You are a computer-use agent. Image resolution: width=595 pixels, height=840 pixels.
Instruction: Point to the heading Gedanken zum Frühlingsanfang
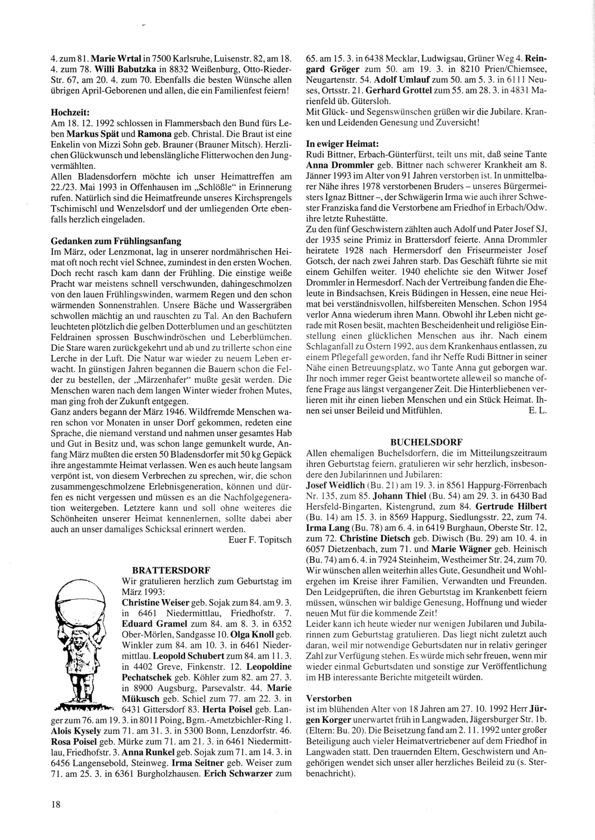coord(116,241)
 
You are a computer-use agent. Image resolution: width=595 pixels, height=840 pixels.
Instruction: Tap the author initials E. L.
coord(537,410)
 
